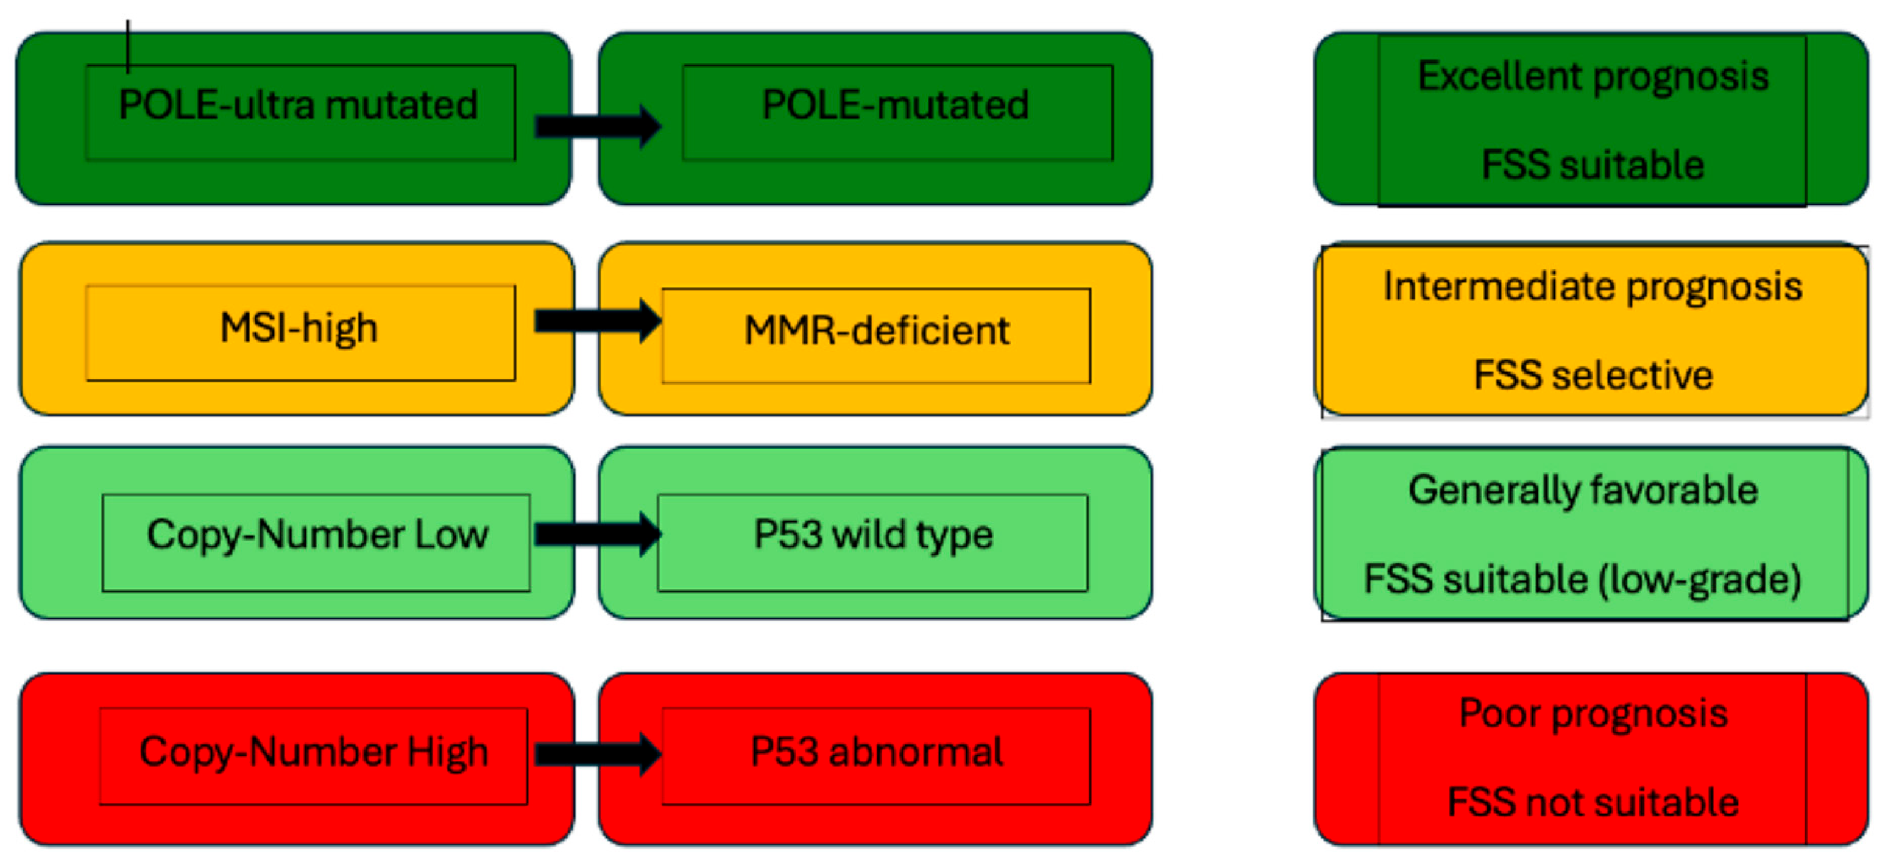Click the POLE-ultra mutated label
point(299,105)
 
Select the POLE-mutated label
point(895,105)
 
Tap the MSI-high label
point(299,328)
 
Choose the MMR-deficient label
point(877,330)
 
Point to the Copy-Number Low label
point(317,535)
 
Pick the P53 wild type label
point(873,535)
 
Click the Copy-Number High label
point(314,752)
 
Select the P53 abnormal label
point(877,752)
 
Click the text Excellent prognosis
point(1593,76)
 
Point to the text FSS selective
point(1593,376)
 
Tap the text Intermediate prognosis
point(1593,287)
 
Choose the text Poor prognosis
point(1593,713)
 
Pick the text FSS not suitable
point(1593,802)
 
